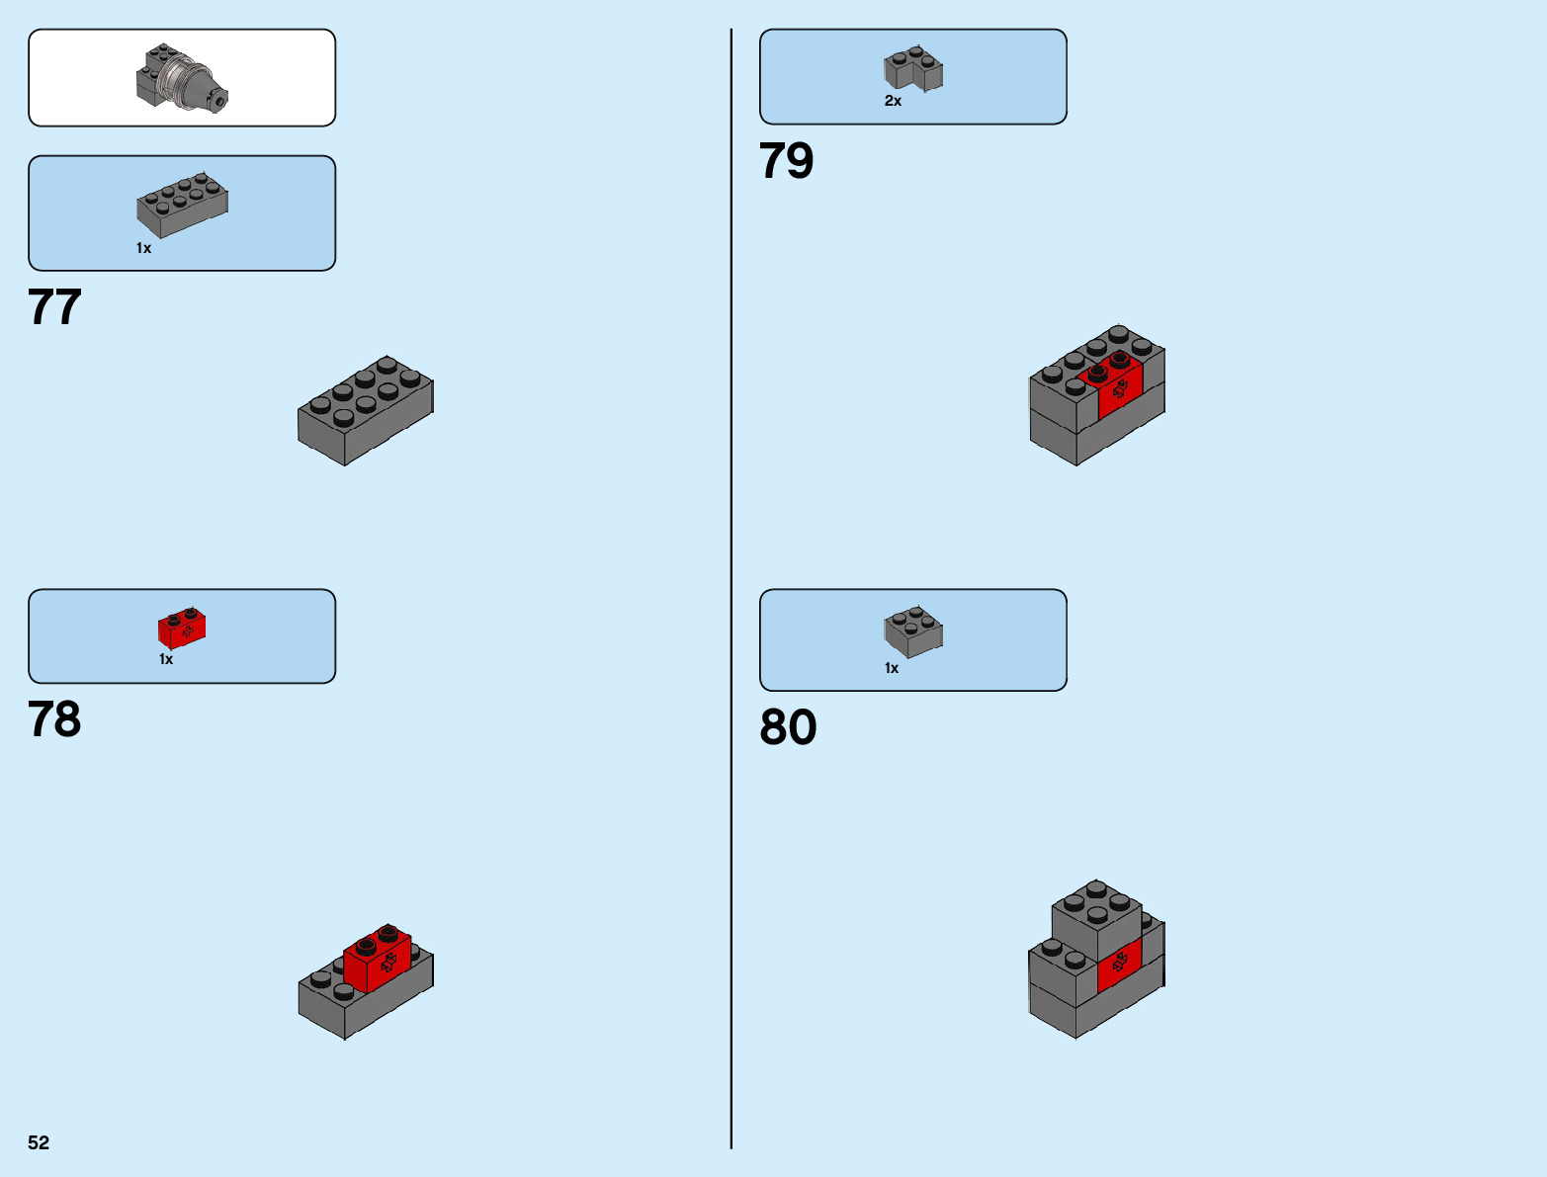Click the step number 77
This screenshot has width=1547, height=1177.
point(54,307)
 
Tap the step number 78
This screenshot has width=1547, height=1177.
point(54,719)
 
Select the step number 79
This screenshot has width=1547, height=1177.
point(786,161)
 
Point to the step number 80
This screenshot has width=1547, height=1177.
point(788,727)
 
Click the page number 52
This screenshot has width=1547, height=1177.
point(39,1142)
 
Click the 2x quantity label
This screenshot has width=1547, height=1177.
point(893,101)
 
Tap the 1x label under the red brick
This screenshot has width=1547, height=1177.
point(166,659)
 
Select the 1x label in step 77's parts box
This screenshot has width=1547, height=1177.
point(143,248)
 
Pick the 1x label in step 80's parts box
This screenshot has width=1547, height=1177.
point(892,668)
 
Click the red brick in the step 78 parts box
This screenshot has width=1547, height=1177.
point(182,628)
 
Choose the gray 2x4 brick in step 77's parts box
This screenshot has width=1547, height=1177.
point(182,205)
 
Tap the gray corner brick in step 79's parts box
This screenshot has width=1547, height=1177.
point(912,69)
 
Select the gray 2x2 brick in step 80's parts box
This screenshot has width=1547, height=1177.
point(912,631)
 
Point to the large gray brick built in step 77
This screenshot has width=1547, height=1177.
point(365,410)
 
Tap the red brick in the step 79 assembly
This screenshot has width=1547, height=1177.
point(1118,384)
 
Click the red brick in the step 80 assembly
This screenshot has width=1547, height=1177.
point(1120,964)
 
